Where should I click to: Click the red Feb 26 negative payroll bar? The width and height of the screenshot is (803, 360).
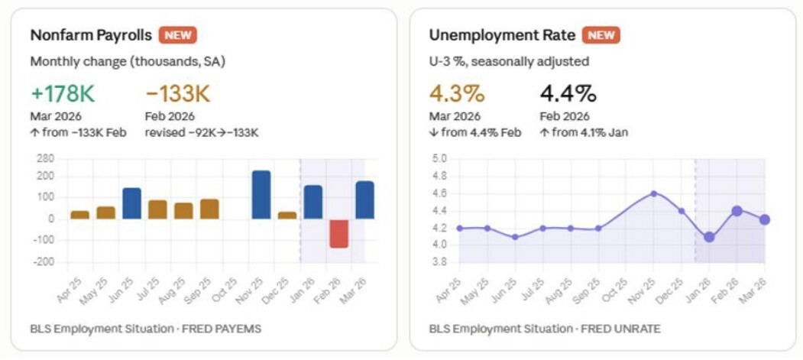tap(338, 233)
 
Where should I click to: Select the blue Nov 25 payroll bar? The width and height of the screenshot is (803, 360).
tap(261, 195)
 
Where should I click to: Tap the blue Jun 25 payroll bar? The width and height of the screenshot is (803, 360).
tap(131, 203)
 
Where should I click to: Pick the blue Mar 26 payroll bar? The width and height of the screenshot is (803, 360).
tap(364, 200)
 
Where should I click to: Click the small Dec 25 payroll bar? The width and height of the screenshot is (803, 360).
tap(287, 215)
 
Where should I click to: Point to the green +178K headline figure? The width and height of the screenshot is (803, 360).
tap(63, 94)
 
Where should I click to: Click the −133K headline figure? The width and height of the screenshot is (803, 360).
tap(177, 94)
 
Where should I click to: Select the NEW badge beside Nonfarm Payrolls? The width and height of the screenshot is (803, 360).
tap(178, 35)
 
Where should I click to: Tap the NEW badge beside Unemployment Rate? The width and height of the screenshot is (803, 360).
tap(601, 35)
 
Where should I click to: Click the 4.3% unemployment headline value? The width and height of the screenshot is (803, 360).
tap(457, 94)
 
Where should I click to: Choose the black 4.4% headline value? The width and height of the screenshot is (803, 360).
tap(568, 94)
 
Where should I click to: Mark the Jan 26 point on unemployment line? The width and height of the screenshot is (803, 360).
tap(709, 237)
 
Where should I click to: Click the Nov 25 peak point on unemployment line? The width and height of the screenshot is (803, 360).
tap(654, 193)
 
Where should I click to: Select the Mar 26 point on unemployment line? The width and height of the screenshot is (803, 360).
tap(764, 219)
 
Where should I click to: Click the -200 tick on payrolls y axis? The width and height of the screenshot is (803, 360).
tap(45, 262)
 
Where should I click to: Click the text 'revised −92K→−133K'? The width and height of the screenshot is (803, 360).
tap(202, 132)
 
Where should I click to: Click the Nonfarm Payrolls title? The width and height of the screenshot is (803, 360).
tap(91, 35)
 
